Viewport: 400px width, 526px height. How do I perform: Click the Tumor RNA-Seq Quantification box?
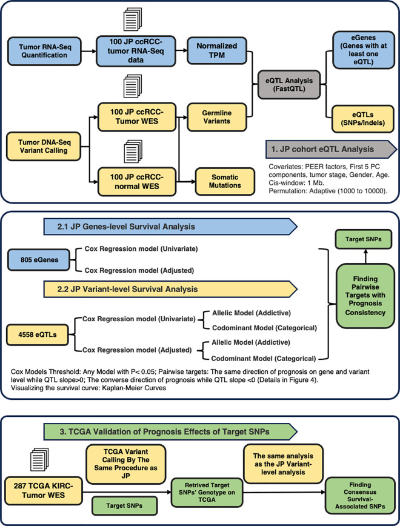[x=44, y=51]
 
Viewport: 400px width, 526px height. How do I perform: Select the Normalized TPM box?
[x=217, y=51]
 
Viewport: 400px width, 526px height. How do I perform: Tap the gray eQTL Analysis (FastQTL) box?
[x=289, y=85]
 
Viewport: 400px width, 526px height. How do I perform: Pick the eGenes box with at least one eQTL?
[x=364, y=50]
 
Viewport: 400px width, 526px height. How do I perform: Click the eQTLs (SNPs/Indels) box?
[x=363, y=119]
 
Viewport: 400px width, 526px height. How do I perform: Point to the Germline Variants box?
[x=217, y=117]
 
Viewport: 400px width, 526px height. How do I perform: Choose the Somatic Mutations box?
[x=225, y=181]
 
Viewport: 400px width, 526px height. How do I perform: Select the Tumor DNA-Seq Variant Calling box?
[x=44, y=147]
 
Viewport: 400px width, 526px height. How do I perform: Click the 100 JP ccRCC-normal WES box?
[x=137, y=181]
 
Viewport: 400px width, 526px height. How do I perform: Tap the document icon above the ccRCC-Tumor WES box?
[x=133, y=87]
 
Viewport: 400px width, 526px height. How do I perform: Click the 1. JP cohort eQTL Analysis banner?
[x=331, y=149]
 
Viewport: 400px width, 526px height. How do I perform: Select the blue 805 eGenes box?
[x=39, y=259]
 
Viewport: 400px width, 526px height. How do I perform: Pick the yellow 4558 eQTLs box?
[x=38, y=335]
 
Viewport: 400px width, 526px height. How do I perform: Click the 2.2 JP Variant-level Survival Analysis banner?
[x=170, y=289]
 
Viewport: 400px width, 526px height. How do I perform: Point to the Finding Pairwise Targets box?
[x=365, y=296]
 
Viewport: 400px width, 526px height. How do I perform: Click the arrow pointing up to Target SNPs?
[x=365, y=256]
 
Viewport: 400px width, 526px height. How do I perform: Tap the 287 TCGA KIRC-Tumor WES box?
[x=43, y=490]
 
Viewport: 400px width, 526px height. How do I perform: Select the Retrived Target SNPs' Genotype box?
[x=207, y=493]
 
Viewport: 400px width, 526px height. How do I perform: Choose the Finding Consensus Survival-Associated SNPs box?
[x=360, y=496]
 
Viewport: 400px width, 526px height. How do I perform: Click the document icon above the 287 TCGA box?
[x=39, y=459]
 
